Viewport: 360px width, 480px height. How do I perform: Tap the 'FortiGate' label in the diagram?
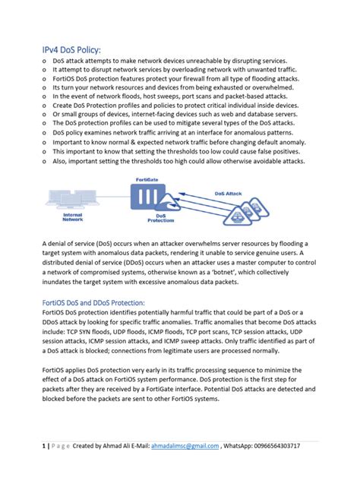(x=149, y=179)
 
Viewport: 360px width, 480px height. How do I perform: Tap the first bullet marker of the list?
(x=45, y=60)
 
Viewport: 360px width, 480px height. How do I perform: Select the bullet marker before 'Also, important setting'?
(x=45, y=162)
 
